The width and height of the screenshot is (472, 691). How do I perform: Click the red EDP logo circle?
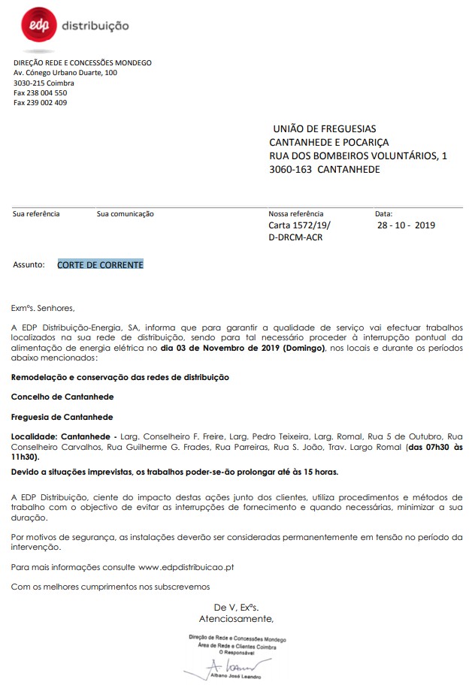coord(35,26)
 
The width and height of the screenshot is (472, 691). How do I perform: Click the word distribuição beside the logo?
coord(95,26)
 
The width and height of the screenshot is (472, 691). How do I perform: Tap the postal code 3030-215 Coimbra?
coord(44,83)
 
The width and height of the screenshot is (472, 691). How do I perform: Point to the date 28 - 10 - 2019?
coord(406,225)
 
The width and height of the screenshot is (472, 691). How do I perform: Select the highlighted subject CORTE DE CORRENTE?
coord(100,264)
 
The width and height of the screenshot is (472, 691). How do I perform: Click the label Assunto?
coord(29,265)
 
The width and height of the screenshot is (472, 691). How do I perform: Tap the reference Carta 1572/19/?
coord(299,225)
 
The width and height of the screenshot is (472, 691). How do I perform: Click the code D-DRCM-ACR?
coord(295,237)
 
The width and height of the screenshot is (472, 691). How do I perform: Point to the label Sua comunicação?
coord(125,214)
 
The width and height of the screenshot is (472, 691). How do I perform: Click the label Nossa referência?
coord(296,214)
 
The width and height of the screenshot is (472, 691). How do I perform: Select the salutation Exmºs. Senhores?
coord(44,307)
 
